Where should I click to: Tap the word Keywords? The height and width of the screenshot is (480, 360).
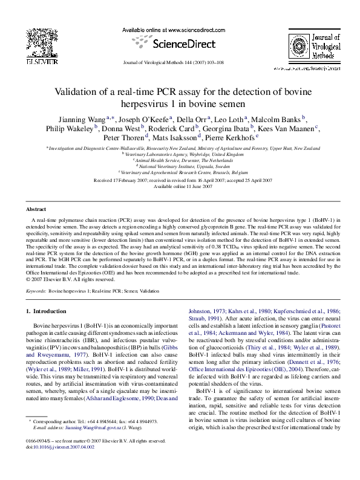pos(37,291)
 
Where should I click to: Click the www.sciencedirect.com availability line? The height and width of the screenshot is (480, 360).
pos(180,30)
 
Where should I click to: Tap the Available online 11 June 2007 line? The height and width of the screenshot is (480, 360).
pos(180,187)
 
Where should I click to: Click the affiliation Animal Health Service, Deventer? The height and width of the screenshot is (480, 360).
pos(180,160)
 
